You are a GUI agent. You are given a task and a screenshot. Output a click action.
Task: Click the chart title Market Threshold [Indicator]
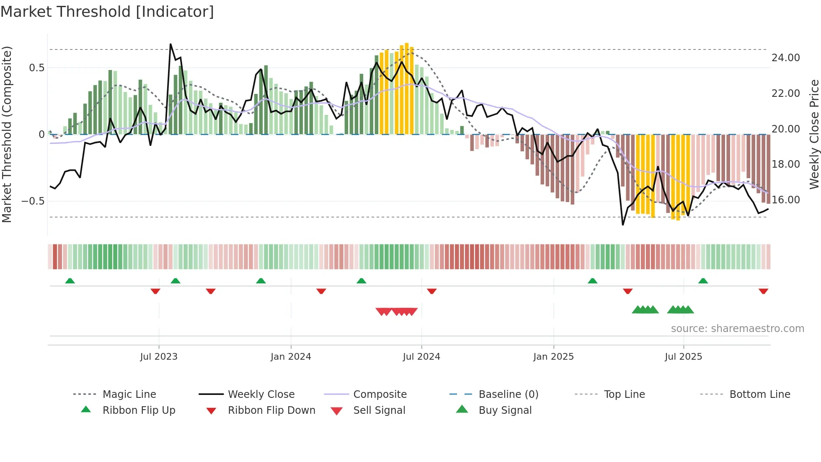point(107,12)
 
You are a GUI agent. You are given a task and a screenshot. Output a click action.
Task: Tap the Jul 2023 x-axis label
point(159,357)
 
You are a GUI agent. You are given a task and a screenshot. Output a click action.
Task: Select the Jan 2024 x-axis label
point(291,357)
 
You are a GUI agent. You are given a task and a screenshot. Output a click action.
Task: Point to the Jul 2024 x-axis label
point(421,357)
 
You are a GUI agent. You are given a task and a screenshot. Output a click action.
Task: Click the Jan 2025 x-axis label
point(553,357)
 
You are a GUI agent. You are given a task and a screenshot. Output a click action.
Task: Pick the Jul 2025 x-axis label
point(683,357)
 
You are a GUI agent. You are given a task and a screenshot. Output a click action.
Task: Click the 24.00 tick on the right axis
point(785,58)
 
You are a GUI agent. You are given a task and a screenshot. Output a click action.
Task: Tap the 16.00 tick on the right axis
point(785,200)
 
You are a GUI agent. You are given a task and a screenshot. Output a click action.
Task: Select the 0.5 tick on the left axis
point(36,68)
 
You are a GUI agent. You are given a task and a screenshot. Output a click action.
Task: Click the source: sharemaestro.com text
point(737,329)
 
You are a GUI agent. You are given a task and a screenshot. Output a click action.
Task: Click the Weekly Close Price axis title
point(814,134)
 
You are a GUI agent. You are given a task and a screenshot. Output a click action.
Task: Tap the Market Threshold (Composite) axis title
point(7,134)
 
